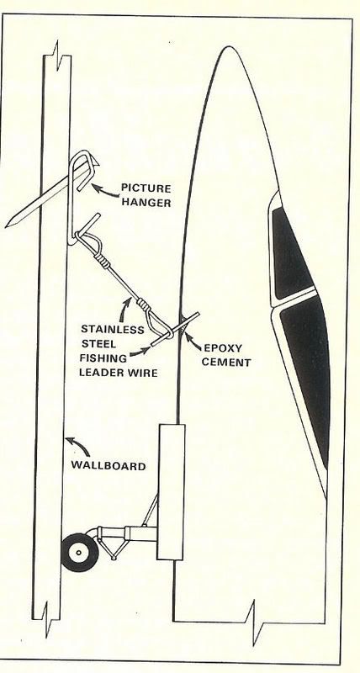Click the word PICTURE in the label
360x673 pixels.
click(x=146, y=188)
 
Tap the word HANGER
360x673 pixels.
click(x=146, y=203)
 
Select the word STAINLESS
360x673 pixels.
click(x=113, y=330)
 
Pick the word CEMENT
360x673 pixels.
click(x=226, y=363)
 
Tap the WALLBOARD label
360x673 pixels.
click(x=109, y=466)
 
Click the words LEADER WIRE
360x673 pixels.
click(x=119, y=373)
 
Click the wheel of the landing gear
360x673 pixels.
click(x=80, y=552)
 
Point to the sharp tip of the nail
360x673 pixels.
click(x=7, y=225)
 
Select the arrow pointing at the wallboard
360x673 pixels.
click(x=77, y=446)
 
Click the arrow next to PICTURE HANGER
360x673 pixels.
click(x=105, y=190)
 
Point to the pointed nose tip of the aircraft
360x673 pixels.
click(x=229, y=47)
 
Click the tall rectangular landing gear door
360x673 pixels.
click(x=171, y=492)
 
